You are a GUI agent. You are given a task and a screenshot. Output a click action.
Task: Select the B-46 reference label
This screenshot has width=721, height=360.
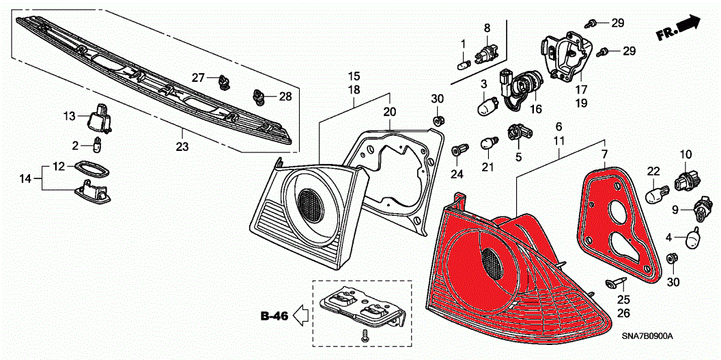click(x=274, y=316)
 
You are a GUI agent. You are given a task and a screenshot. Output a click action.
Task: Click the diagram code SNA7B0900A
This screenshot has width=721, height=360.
click(x=647, y=337)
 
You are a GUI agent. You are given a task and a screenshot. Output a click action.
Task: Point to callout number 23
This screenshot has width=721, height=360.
click(x=182, y=146)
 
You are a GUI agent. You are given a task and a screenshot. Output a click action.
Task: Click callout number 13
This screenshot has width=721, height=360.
click(x=70, y=116)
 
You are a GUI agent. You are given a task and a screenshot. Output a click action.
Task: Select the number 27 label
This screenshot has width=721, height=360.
click(x=198, y=78)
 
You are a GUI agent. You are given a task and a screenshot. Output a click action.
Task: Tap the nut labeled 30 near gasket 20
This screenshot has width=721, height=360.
click(x=438, y=120)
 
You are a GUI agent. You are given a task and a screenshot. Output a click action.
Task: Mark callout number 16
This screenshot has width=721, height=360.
click(x=535, y=109)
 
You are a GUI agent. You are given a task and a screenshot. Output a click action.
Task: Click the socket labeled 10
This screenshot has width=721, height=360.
click(x=684, y=181)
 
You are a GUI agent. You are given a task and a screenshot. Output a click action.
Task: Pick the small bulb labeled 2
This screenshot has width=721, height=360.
click(x=98, y=144)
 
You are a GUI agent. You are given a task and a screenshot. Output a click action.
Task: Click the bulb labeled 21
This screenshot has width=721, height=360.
click(x=487, y=144)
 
